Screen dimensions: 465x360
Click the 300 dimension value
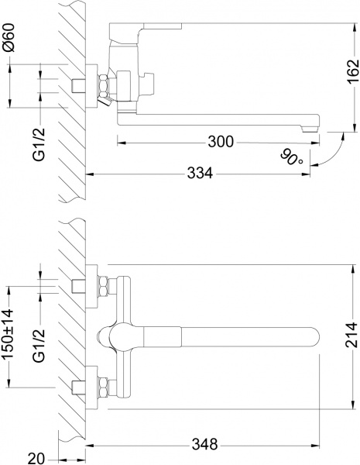[221, 141]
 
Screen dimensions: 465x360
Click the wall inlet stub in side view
[79, 85]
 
